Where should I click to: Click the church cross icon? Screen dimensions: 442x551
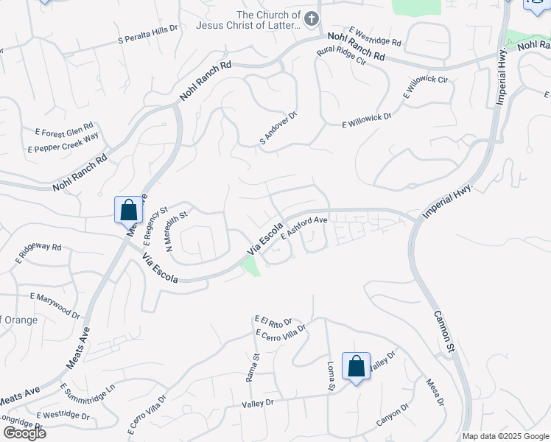312,18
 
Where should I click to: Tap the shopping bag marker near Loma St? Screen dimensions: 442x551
356,367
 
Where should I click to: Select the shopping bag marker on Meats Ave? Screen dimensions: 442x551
129,209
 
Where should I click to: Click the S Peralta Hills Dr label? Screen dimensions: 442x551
148,34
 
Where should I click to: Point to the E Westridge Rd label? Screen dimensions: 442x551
375,37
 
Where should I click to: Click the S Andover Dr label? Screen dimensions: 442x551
278,127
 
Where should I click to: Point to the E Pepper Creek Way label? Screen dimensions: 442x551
63,143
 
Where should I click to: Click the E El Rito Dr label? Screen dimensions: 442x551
274,321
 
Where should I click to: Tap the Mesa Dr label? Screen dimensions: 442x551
435,392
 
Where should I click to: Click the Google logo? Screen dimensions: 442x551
24,432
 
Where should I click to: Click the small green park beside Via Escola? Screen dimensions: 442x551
251,267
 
